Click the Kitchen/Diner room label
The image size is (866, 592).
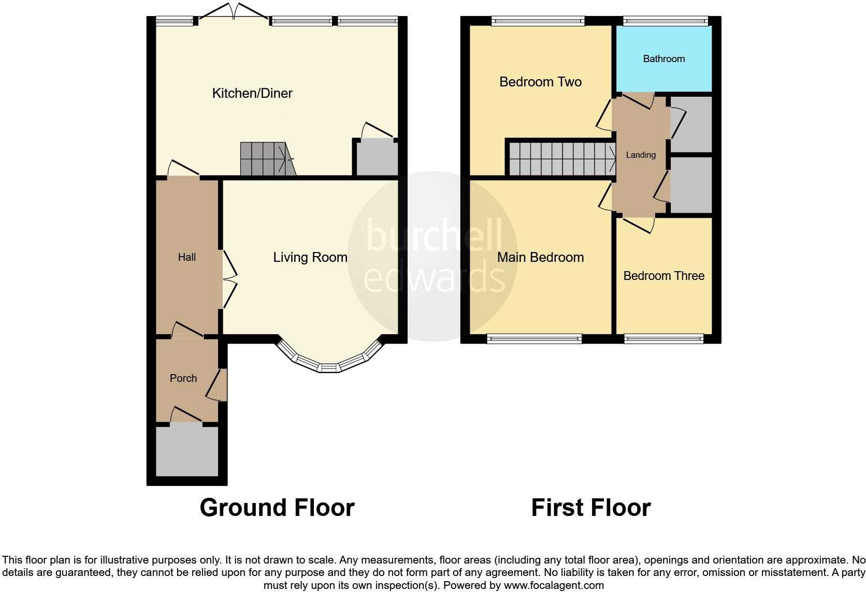coord(252,93)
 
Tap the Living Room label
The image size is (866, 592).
coord(310,257)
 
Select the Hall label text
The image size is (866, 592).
coord(186,257)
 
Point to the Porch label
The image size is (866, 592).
coord(183,378)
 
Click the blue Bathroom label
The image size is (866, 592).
coord(663,59)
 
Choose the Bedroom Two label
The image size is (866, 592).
coord(540,82)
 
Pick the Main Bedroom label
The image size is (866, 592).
coord(540,257)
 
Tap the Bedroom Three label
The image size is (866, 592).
coord(663,276)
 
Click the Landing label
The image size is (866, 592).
coord(641,155)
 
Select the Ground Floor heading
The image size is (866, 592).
coord(277,508)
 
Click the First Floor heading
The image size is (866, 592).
coord(590,508)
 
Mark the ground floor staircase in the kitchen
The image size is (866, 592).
coord(265,159)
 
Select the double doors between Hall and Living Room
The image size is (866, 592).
coord(229,280)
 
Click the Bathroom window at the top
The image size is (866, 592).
coord(665,22)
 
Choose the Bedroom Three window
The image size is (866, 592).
coord(663,339)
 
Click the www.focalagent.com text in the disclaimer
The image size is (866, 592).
coord(554,586)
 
